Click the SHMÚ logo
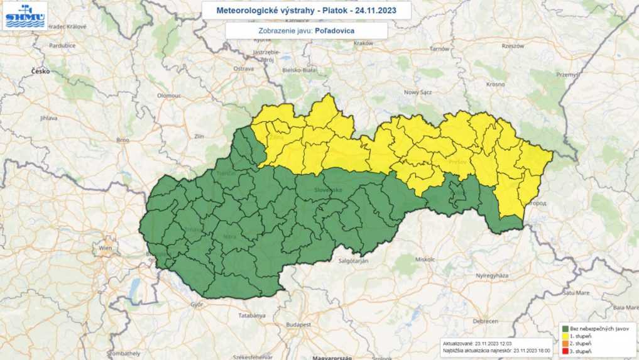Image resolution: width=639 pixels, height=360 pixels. (x=25, y=16)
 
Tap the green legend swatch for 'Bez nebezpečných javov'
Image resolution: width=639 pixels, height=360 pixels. (x=565, y=329)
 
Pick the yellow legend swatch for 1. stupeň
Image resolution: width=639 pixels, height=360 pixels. (x=565, y=336)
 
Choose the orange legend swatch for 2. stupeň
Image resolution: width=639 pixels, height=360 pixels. (x=565, y=344)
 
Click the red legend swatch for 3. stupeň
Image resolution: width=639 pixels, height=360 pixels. (x=565, y=351)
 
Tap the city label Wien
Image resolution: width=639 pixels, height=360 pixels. (x=104, y=249)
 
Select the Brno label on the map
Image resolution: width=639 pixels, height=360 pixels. (x=122, y=139)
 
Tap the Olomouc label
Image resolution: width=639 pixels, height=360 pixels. (x=168, y=95)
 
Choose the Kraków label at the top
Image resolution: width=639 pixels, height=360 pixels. (x=363, y=43)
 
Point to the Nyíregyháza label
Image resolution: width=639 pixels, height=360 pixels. (x=491, y=276)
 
